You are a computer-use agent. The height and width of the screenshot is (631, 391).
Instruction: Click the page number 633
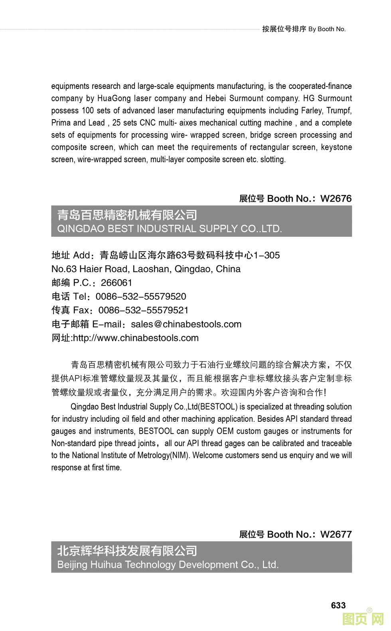pos(338,605)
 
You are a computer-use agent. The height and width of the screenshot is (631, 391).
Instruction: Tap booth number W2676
pos(336,199)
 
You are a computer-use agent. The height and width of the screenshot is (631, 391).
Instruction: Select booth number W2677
pos(336,534)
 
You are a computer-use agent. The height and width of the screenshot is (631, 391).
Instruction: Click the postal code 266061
pos(117,283)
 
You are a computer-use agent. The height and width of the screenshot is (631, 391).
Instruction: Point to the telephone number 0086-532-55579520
pos(141,297)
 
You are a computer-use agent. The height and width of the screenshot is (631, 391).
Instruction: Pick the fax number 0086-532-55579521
pos(143,310)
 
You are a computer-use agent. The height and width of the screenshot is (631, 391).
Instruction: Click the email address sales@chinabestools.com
pos(186,324)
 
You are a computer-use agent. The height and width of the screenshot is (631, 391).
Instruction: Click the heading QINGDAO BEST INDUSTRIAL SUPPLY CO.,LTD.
pos(170,229)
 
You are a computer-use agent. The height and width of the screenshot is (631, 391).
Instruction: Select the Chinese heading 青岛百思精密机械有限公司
pos(127,215)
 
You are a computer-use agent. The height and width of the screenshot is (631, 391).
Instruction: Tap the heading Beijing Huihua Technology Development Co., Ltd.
pos(168,564)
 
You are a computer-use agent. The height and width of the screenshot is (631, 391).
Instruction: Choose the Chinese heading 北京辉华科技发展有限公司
pos(127,551)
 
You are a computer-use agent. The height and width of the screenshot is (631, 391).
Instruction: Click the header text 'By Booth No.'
pos(327,29)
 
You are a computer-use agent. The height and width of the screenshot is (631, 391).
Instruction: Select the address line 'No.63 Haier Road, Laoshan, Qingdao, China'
pos(146,269)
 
